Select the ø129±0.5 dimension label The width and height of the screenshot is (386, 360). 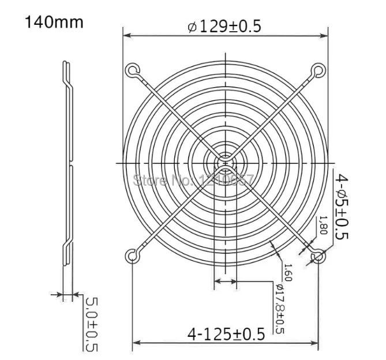point(225,27)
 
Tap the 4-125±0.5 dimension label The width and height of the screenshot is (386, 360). point(226,333)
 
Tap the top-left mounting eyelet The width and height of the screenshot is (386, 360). point(132,70)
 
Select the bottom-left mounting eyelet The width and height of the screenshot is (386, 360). point(132,254)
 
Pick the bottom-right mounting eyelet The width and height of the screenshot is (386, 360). point(317,256)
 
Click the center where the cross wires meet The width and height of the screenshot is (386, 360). point(225,162)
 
